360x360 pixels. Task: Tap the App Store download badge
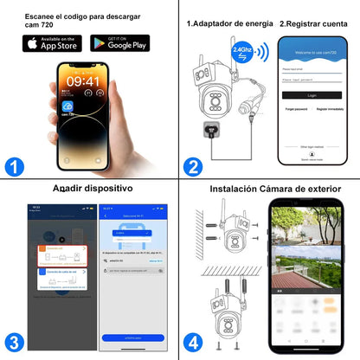[52, 42]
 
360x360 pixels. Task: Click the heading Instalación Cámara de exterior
[275, 189]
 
